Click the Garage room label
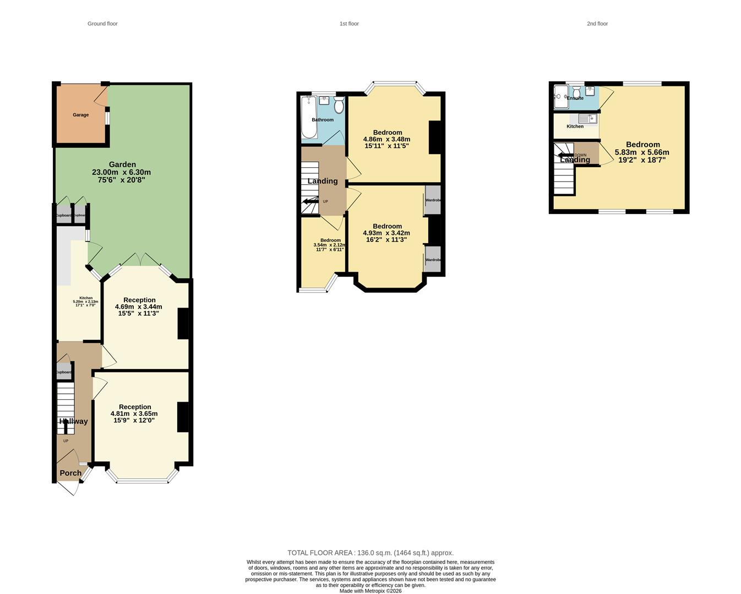[x=80, y=115]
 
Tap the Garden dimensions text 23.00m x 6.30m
[x=121, y=172]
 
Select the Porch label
[x=70, y=473]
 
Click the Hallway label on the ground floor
[x=73, y=421]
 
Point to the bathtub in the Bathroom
[x=309, y=117]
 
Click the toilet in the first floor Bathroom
[x=339, y=105]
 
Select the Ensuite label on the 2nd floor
[x=575, y=98]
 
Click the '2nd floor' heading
[x=597, y=24]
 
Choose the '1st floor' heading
[x=349, y=24]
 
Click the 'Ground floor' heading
[x=102, y=24]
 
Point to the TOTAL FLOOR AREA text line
[x=370, y=553]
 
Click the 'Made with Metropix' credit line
[x=370, y=591]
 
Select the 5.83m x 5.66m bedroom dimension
[x=642, y=152]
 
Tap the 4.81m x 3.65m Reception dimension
[x=134, y=414]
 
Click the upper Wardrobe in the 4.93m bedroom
[x=433, y=200]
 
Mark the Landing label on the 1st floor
[x=323, y=181]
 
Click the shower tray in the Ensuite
[x=561, y=97]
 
